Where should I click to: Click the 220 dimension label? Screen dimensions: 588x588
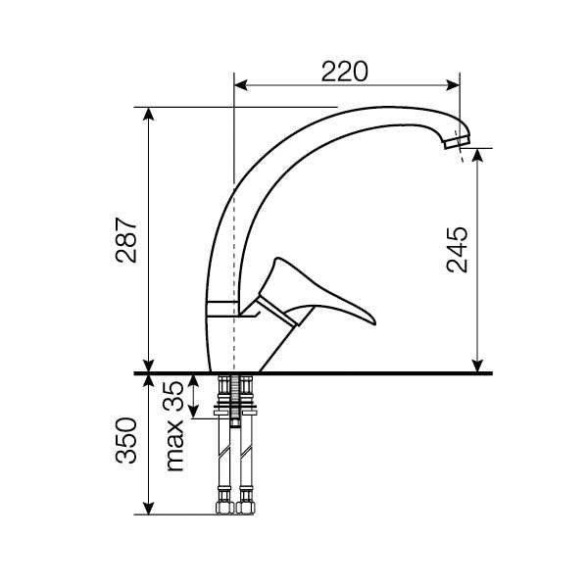(345, 72)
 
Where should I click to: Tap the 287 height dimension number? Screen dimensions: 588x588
(126, 240)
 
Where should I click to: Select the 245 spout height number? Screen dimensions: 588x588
(458, 249)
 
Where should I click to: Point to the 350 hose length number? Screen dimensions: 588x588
(126, 440)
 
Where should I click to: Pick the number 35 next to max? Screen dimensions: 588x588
(173, 397)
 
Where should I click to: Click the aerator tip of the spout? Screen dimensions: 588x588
(458, 142)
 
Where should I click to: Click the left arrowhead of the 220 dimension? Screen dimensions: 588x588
(241, 85)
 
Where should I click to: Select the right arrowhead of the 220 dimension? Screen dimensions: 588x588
(453, 85)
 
